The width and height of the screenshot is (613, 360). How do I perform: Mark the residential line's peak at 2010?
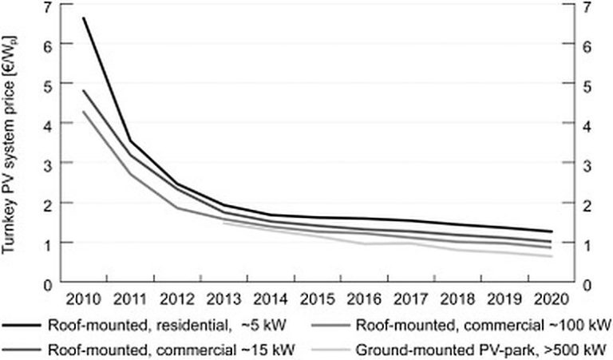point(83,18)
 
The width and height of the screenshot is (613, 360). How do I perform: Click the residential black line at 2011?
point(130,142)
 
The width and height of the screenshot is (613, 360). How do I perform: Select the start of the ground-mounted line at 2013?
point(223,223)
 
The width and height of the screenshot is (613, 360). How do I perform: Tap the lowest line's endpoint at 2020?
point(552,256)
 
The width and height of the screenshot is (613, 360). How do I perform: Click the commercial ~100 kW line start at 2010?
point(83,111)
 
